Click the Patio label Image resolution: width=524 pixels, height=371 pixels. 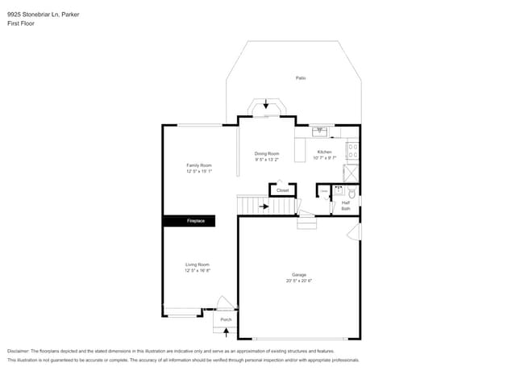(300, 78)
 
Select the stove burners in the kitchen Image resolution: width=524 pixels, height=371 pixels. (353, 149)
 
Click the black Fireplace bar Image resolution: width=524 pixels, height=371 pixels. (189, 220)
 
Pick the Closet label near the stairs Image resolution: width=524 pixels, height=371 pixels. (282, 190)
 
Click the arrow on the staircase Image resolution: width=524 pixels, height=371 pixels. (264, 206)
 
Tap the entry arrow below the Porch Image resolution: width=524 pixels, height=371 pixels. (226, 331)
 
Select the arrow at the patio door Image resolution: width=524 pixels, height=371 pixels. (266, 105)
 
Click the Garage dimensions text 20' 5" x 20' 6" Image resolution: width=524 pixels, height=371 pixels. (298, 281)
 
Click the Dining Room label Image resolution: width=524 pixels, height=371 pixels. (267, 153)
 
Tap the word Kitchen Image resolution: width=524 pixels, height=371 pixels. (324, 152)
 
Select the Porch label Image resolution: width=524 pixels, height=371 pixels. (226, 319)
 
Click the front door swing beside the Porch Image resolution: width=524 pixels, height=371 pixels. (227, 303)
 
